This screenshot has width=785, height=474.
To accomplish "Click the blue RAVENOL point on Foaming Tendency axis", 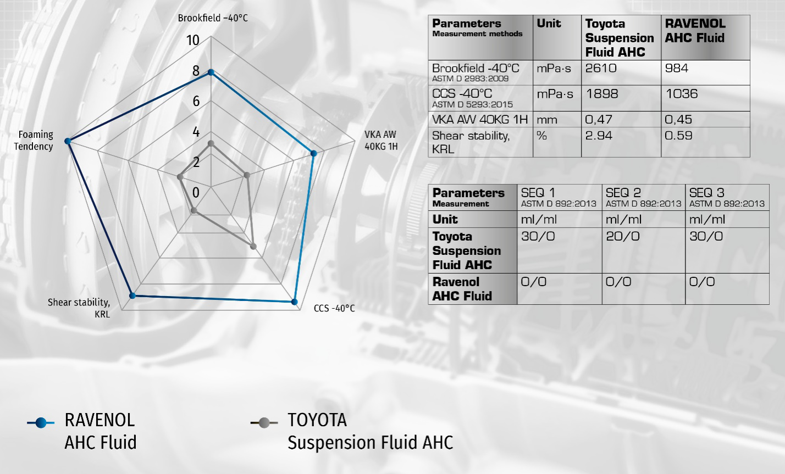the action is click(68, 141).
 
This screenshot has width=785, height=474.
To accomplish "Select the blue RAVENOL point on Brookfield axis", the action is click(211, 73).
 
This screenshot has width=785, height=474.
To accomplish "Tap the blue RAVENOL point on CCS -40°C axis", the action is click(295, 302).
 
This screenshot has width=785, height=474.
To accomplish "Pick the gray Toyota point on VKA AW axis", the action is click(247, 175).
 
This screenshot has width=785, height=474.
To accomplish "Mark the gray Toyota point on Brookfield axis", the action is click(211, 143).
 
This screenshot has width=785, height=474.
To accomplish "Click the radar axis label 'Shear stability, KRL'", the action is click(79, 308).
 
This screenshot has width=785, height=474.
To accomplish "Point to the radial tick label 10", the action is click(193, 40).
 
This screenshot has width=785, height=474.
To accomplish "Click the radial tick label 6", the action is click(196, 101).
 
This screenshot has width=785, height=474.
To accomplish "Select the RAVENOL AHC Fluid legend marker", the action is click(41, 422).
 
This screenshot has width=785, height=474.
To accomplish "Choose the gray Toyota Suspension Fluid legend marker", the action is click(264, 422).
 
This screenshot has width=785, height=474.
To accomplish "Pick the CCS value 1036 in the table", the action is click(681, 94).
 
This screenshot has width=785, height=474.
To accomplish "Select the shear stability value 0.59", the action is click(678, 136).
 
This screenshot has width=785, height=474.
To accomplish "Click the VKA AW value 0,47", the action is click(599, 120).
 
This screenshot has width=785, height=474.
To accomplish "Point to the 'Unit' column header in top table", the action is click(549, 24).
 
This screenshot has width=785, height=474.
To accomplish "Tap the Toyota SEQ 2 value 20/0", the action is click(623, 236).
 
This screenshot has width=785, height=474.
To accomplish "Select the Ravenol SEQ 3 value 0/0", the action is click(702, 282).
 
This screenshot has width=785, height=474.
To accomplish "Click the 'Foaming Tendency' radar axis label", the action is click(34, 141).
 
